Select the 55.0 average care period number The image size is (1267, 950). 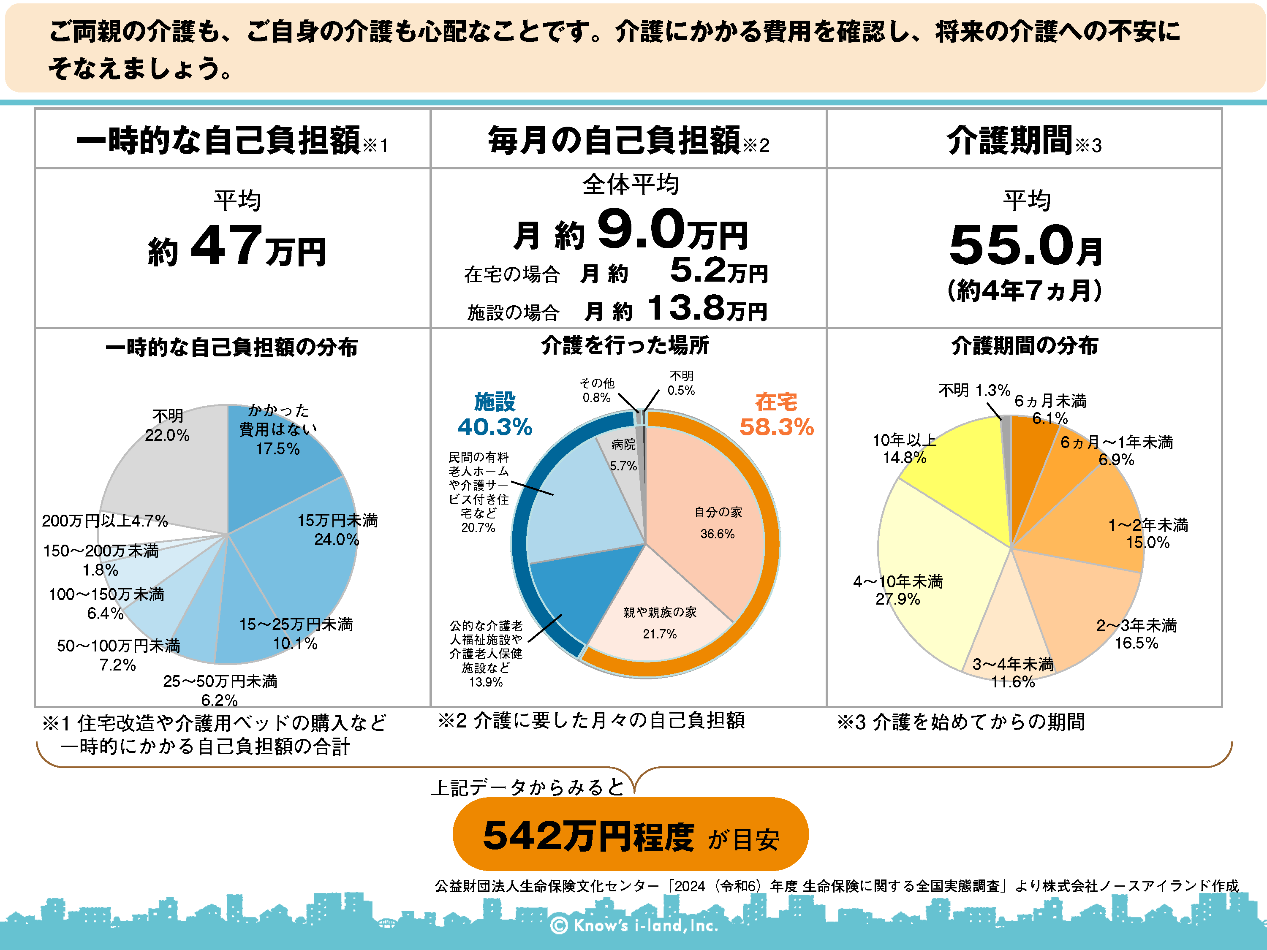1011,246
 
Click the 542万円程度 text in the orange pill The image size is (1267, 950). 589,836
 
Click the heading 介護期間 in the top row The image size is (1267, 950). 1009,140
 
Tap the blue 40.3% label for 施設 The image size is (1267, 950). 495,426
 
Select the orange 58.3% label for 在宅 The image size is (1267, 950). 777,426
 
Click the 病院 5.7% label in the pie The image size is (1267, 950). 623,455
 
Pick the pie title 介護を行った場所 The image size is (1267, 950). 625,345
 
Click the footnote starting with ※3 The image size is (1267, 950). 961,722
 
